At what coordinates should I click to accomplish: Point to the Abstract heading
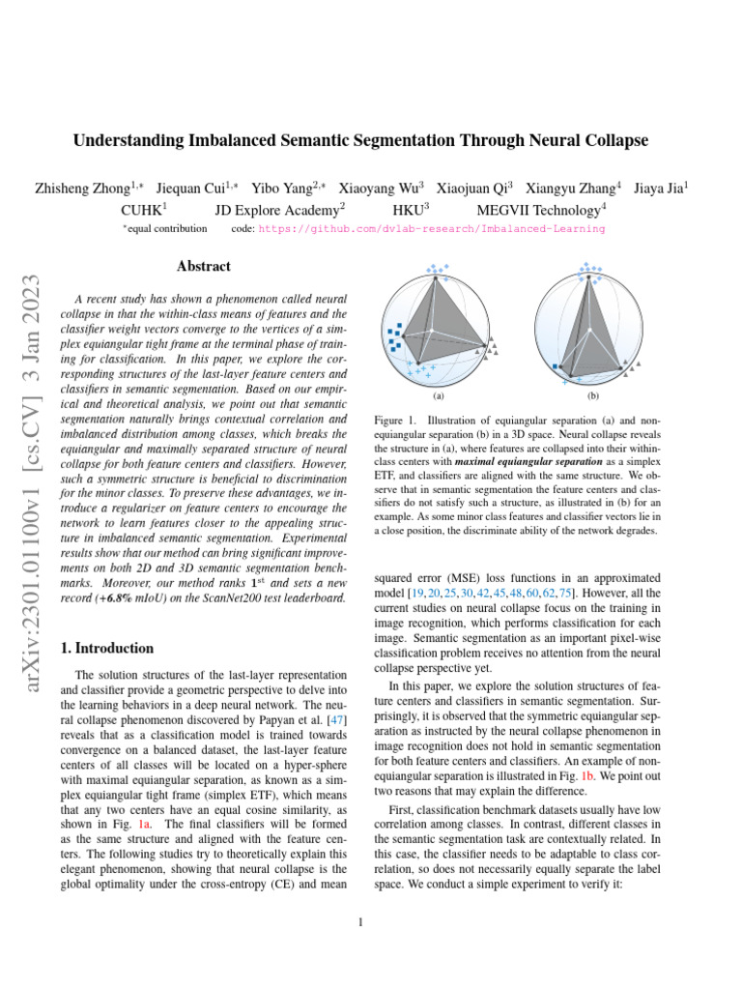203,266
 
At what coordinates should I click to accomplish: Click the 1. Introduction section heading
107,648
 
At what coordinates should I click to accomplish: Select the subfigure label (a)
438,396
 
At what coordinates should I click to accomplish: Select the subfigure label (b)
592,396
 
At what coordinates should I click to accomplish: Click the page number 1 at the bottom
360,921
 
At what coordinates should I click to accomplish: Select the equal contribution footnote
166,229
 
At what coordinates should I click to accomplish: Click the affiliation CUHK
141,209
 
